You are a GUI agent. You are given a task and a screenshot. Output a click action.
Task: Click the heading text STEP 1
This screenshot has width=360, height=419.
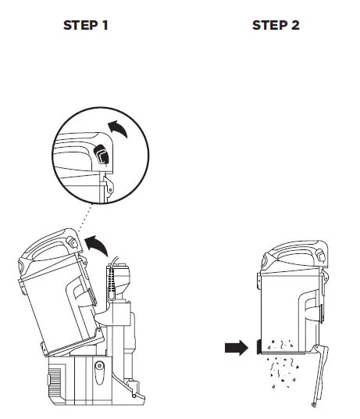(85, 25)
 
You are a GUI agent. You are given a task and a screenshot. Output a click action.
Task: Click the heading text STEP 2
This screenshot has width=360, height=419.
(275, 25)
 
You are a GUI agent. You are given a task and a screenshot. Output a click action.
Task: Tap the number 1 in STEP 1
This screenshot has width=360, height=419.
(105, 25)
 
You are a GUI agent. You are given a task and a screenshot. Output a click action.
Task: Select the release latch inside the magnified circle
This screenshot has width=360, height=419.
(102, 156)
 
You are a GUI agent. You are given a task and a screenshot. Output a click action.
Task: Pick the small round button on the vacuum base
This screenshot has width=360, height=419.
(98, 366)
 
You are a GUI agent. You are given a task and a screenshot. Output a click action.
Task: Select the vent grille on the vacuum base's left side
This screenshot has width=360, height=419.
(53, 378)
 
